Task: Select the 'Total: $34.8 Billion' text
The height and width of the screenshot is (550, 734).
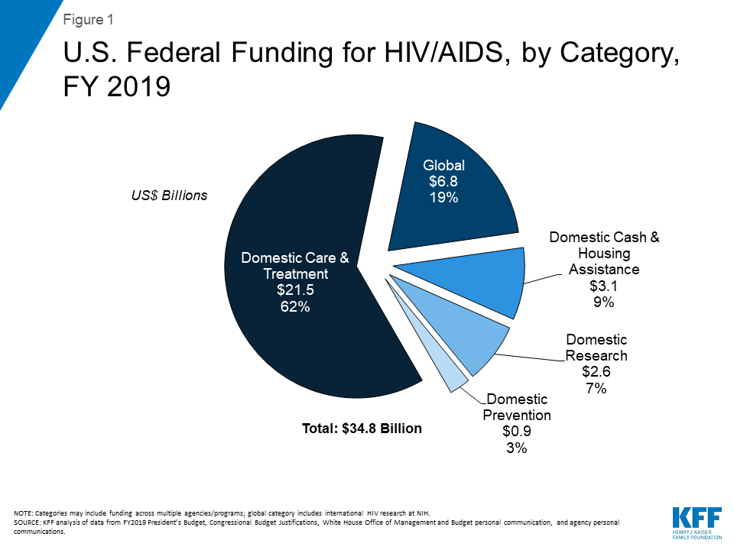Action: point(362,429)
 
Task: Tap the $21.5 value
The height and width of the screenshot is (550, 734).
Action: point(295,291)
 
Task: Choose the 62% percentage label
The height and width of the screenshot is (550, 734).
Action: point(295,308)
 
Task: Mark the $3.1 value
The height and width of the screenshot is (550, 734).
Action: point(604,286)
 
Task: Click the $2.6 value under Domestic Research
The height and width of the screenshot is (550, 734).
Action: point(596,372)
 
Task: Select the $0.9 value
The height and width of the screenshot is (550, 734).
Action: point(518,432)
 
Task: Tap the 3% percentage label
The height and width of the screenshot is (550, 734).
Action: point(518,448)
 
